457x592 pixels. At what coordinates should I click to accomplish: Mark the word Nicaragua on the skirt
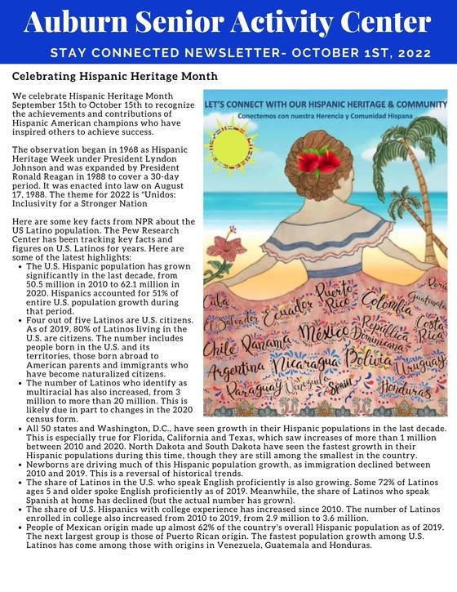tap(307, 363)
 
